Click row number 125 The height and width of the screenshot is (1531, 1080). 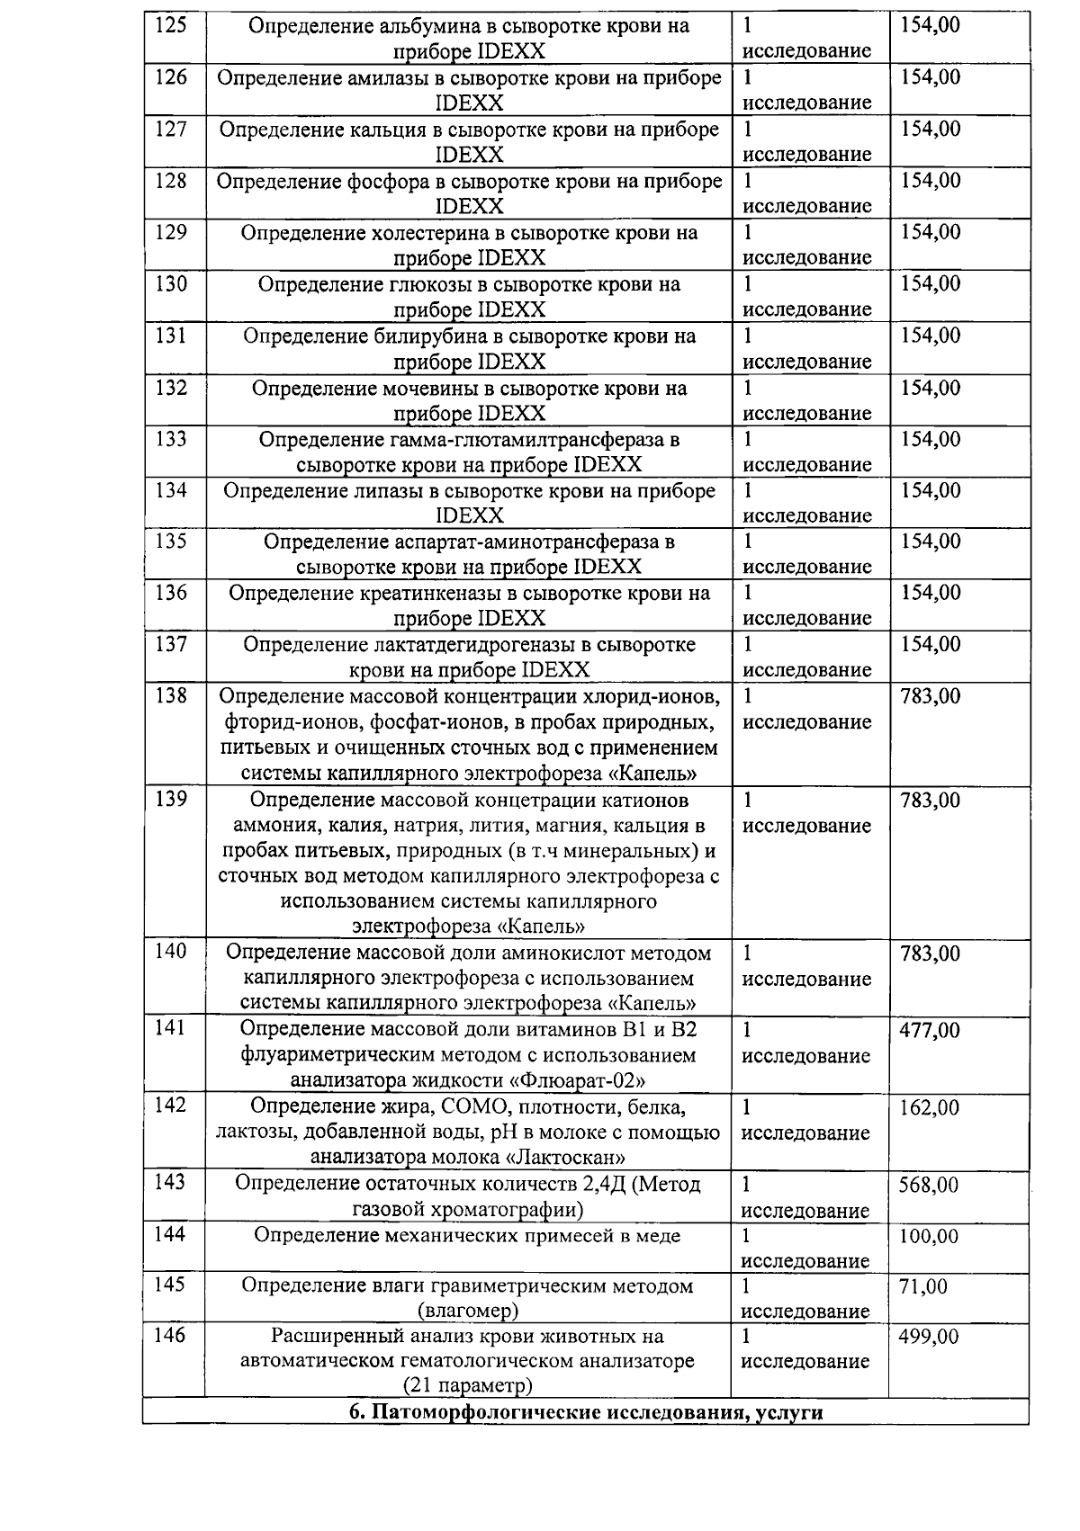point(171,25)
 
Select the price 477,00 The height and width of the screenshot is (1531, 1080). point(930,1031)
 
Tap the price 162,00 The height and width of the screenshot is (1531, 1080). point(930,1108)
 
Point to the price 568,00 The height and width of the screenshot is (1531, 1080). point(930,1186)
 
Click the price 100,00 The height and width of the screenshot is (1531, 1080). point(930,1237)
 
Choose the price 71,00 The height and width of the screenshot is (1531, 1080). point(923,1287)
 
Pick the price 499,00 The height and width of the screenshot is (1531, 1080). point(930,1338)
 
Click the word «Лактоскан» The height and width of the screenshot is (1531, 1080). point(563,1158)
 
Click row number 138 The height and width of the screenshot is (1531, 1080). point(171,696)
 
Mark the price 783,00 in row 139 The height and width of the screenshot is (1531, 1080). point(930,801)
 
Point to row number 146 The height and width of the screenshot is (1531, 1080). point(171,1337)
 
